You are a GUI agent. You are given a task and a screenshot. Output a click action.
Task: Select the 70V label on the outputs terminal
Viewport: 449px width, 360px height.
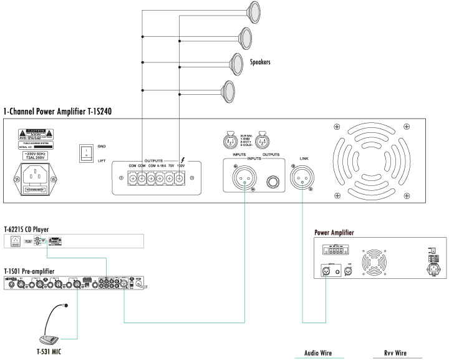tap(170, 165)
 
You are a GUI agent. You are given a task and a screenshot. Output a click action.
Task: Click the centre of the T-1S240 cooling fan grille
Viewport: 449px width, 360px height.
tap(369, 160)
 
